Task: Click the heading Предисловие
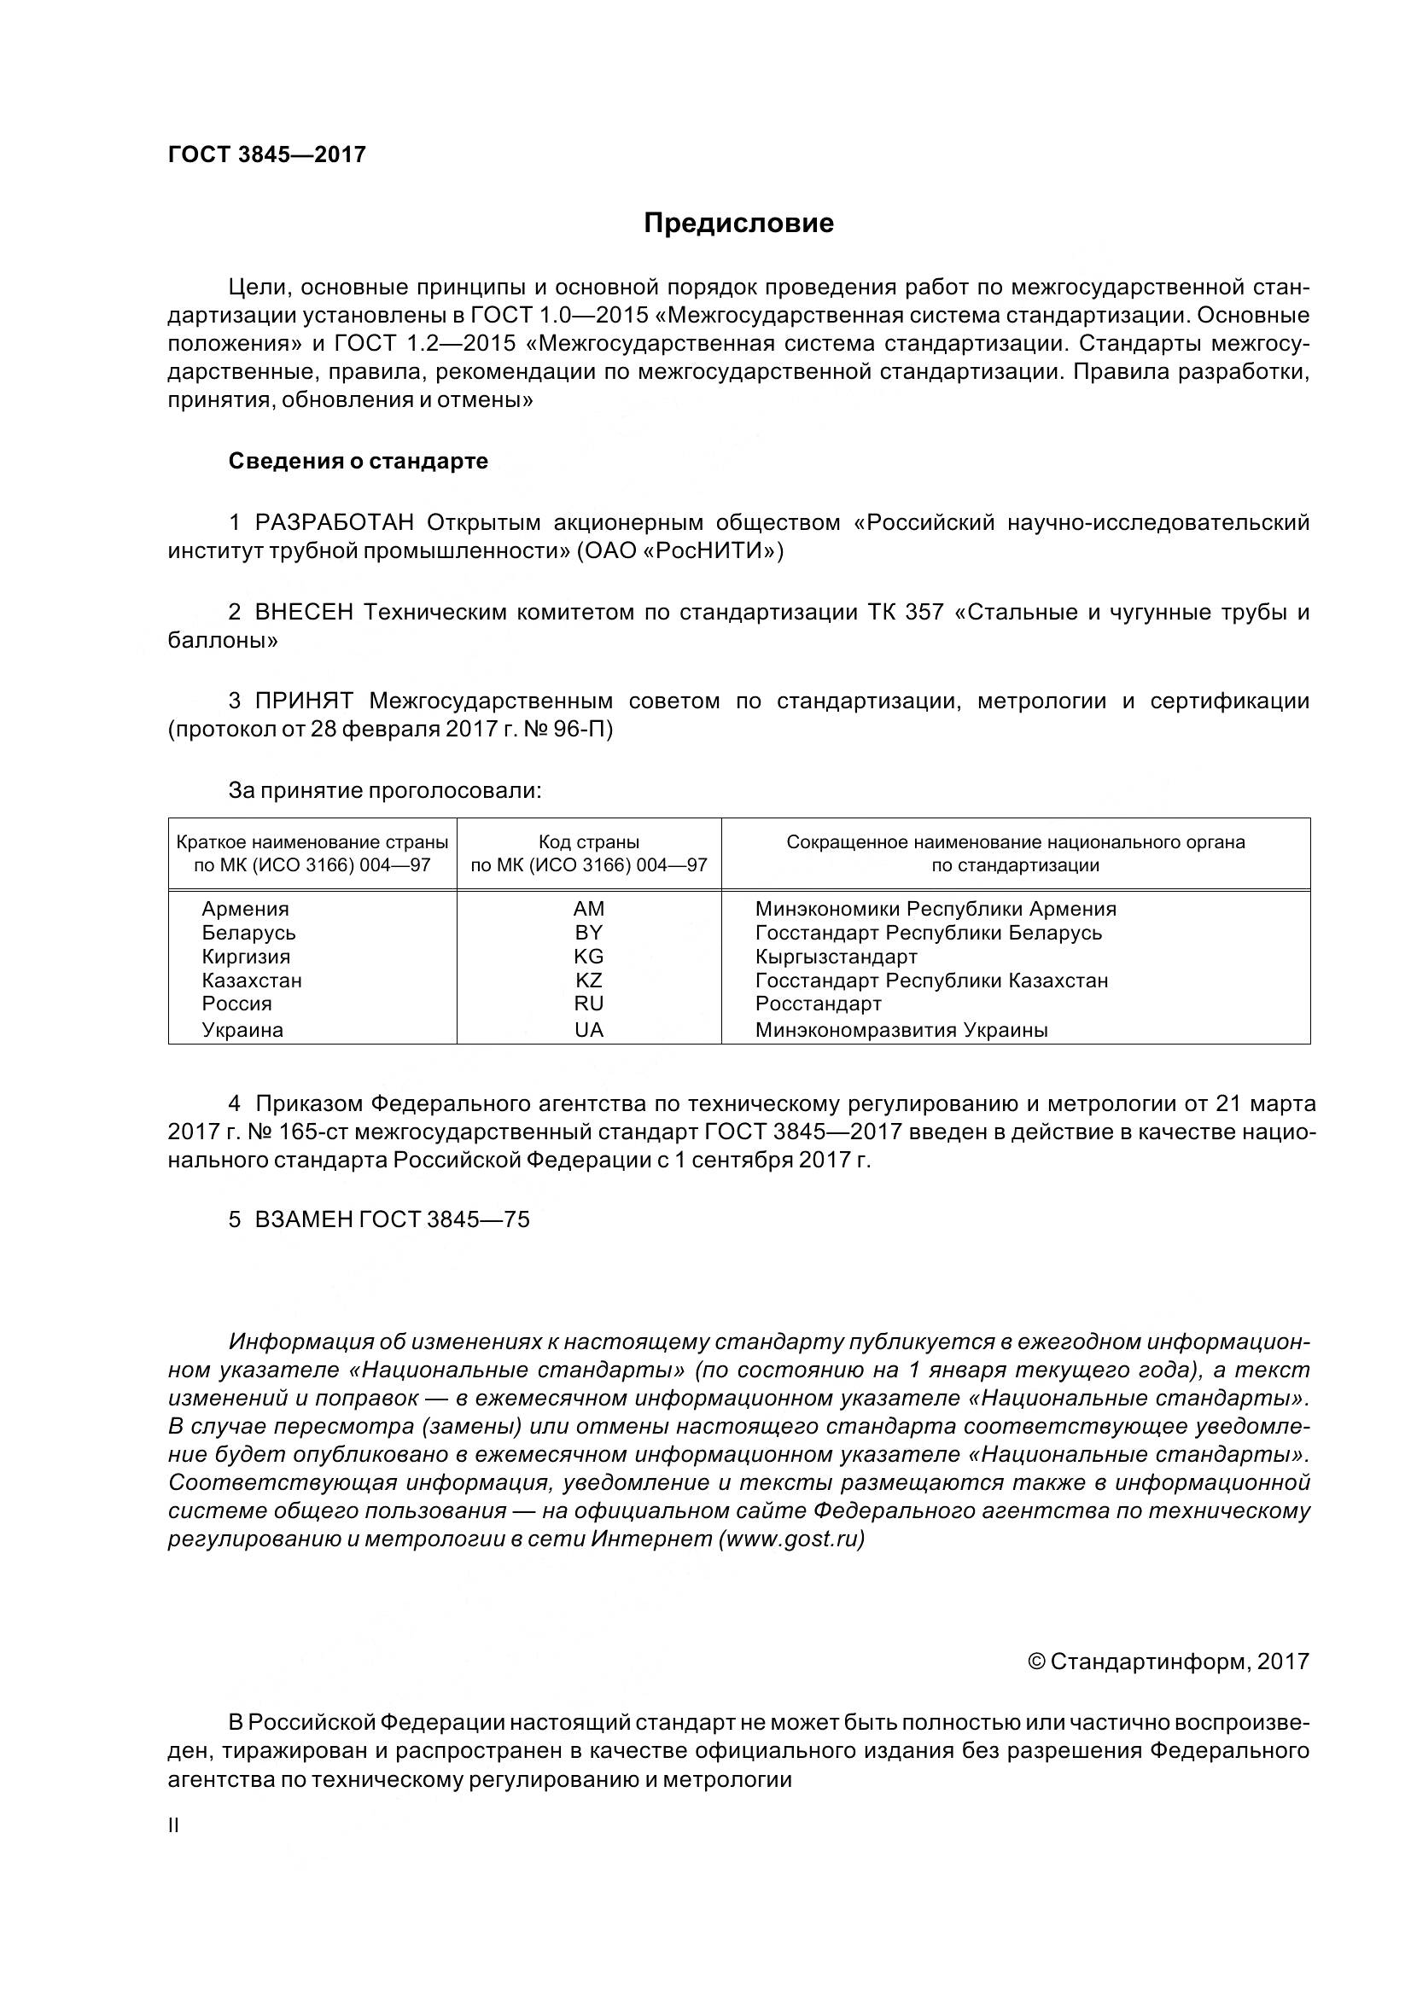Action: coord(738,224)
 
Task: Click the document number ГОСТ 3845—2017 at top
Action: coord(267,154)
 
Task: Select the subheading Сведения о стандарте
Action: coord(359,461)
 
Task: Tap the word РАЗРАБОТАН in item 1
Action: coord(334,522)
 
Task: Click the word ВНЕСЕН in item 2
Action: coord(303,612)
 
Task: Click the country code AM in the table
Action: coord(589,909)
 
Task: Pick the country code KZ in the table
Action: coord(589,980)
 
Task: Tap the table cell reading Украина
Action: coord(242,1030)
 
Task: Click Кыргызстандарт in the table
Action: coord(837,957)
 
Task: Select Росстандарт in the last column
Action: coord(818,1004)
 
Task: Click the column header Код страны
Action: coord(589,841)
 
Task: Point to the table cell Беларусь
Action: coord(248,933)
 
